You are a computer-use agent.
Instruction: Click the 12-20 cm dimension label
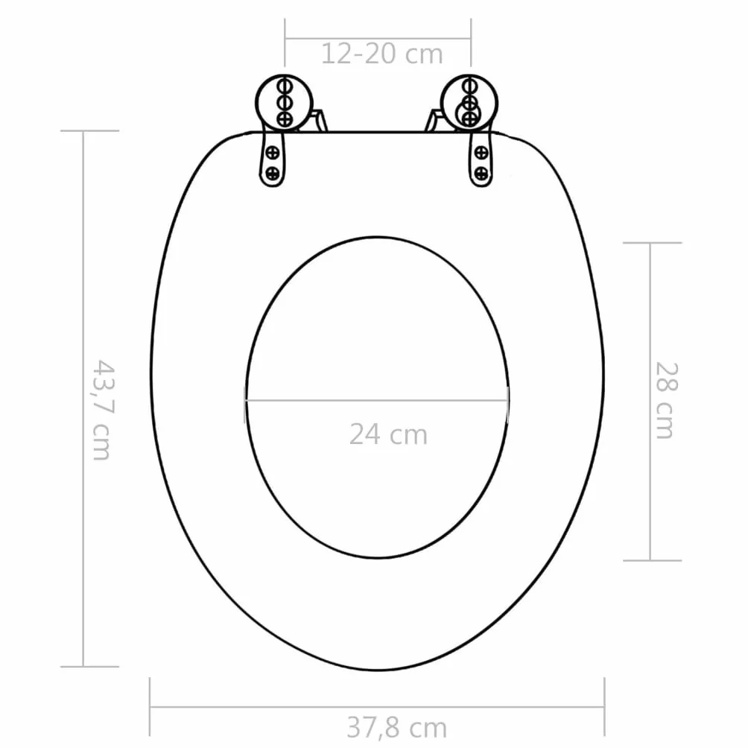382,54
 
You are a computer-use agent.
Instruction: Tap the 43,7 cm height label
103,410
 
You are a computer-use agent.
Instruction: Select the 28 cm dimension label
666,400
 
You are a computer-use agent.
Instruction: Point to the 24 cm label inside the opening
388,434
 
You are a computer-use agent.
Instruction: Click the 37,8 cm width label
397,727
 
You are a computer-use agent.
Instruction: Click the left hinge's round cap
285,103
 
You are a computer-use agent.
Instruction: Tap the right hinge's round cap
469,103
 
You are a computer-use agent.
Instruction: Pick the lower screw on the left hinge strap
272,173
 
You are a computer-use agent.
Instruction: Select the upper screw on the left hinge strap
273,153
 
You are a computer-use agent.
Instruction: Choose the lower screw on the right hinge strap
482,173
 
